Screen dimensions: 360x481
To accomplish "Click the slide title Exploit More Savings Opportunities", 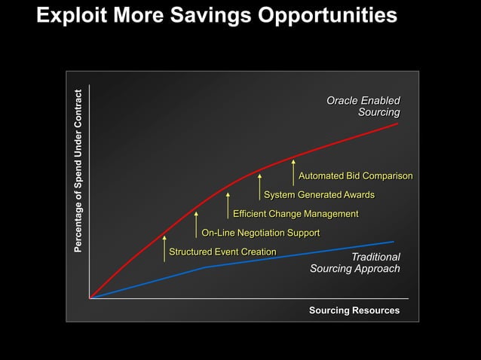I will (x=216, y=15).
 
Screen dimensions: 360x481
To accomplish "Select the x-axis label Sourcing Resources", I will (x=354, y=310).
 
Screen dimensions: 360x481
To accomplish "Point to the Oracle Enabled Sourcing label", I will (x=363, y=106).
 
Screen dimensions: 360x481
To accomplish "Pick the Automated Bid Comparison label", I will (x=356, y=176).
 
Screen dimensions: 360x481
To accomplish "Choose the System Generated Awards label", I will (x=319, y=195).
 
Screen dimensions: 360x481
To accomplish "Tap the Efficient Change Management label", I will (x=296, y=214).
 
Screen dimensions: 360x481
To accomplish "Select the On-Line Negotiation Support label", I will (x=261, y=233).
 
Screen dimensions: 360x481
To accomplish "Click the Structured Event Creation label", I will (x=222, y=252).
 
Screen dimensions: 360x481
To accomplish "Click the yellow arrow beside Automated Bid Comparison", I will (x=293, y=172).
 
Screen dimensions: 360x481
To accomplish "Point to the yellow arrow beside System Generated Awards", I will (x=259, y=187).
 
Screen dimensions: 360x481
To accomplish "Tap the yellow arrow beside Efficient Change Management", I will (x=228, y=206).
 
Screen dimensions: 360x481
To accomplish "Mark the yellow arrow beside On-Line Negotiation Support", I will (x=196, y=224).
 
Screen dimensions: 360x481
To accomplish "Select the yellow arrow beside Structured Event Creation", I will (x=164, y=248).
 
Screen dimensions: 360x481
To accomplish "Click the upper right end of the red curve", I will (x=397, y=124).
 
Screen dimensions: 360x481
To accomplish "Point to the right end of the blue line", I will (x=393, y=242).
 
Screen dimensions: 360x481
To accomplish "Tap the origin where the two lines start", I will (x=90, y=298).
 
